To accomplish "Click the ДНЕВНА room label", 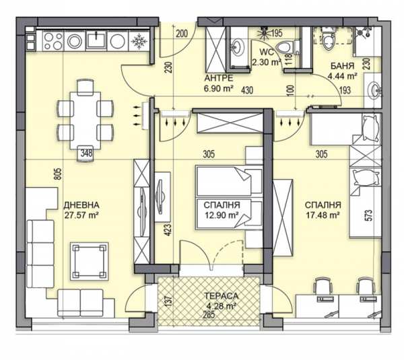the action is [x=81, y=205].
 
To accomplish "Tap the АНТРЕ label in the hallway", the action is [x=219, y=78].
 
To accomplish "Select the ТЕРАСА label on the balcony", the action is [x=222, y=296].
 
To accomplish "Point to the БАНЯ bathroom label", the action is [x=343, y=66].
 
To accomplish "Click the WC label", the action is [x=267, y=52].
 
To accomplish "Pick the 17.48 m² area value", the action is [x=323, y=215].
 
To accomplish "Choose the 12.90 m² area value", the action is [x=222, y=215].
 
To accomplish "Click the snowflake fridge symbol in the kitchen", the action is [x=139, y=41].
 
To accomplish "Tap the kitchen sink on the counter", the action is [x=96, y=40].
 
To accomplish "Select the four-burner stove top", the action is [x=53, y=40].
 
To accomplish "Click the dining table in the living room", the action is [x=86, y=120].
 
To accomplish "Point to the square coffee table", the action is [x=90, y=261].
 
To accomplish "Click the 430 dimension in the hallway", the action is [x=247, y=90].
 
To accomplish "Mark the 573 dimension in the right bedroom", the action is [x=369, y=215].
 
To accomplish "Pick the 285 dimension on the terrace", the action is [x=209, y=315].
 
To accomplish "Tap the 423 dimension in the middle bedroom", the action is [x=168, y=230].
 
